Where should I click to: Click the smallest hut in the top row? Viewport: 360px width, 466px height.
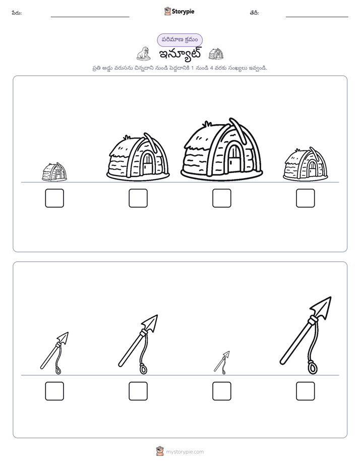[54, 172]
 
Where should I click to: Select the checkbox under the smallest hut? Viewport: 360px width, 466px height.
[54, 198]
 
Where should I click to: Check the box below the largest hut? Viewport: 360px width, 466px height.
[221, 198]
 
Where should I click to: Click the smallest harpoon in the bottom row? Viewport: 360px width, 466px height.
[222, 363]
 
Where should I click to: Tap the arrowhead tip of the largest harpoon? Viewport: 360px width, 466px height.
[331, 297]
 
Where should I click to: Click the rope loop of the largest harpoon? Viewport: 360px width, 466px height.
[312, 367]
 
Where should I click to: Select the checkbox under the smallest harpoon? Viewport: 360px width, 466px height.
[221, 391]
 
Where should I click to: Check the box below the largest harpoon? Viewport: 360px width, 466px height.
[306, 391]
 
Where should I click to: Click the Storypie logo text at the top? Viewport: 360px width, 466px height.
[183, 12]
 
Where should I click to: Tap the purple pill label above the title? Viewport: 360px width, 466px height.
[179, 40]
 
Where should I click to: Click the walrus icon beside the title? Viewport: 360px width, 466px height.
[144, 54]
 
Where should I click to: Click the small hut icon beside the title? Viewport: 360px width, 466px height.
[216, 54]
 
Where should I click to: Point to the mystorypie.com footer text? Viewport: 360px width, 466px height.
[185, 452]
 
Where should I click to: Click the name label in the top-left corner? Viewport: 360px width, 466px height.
[17, 13]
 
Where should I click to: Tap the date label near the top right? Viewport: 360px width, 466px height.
[254, 13]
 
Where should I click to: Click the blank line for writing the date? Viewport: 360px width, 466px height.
[317, 17]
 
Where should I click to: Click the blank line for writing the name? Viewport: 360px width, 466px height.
[90, 17]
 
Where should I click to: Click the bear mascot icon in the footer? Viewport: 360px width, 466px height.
[160, 451]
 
